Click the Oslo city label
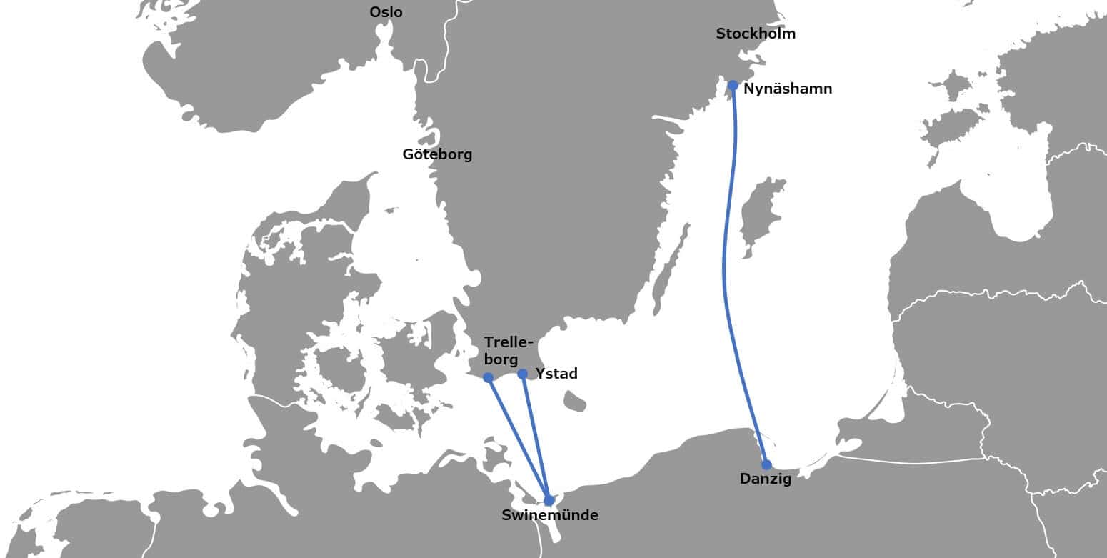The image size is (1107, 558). [x=386, y=12]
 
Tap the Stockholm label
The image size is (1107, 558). [x=755, y=34]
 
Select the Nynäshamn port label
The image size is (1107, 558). [x=787, y=89]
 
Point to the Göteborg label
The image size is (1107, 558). [x=437, y=154]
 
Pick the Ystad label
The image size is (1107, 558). [x=556, y=374]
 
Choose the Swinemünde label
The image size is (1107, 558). [x=549, y=515]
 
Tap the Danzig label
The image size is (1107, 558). [x=765, y=479]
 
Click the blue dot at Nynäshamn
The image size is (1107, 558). [x=733, y=86]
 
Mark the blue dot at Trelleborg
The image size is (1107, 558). [x=488, y=377]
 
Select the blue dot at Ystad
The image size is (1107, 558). [x=522, y=374]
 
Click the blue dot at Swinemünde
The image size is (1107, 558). [x=549, y=500]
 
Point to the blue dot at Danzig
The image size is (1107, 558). [x=766, y=464]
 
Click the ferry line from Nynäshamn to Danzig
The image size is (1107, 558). [x=726, y=271]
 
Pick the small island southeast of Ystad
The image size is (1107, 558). [x=574, y=401]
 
